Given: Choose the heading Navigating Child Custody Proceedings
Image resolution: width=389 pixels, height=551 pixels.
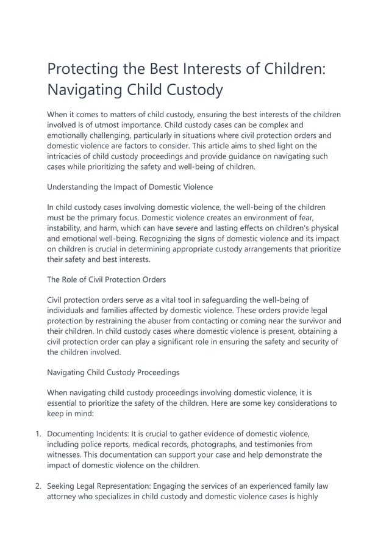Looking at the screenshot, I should [x=113, y=372].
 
